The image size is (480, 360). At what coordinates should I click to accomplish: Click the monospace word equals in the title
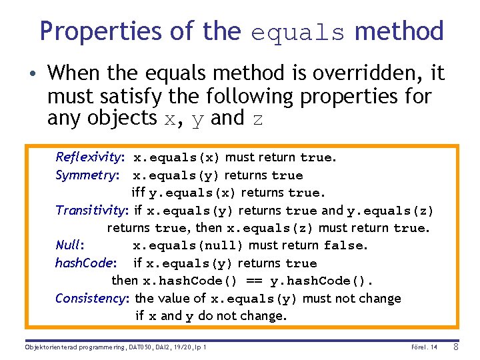tap(298, 33)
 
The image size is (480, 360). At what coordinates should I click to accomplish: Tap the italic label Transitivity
tap(92, 211)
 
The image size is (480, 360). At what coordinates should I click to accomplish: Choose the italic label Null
tap(69, 245)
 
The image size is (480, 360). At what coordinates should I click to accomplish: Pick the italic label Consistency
tap(93, 298)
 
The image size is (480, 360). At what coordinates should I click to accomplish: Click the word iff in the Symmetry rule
tap(139, 193)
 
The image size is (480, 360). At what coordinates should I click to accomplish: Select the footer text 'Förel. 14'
tap(425, 347)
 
